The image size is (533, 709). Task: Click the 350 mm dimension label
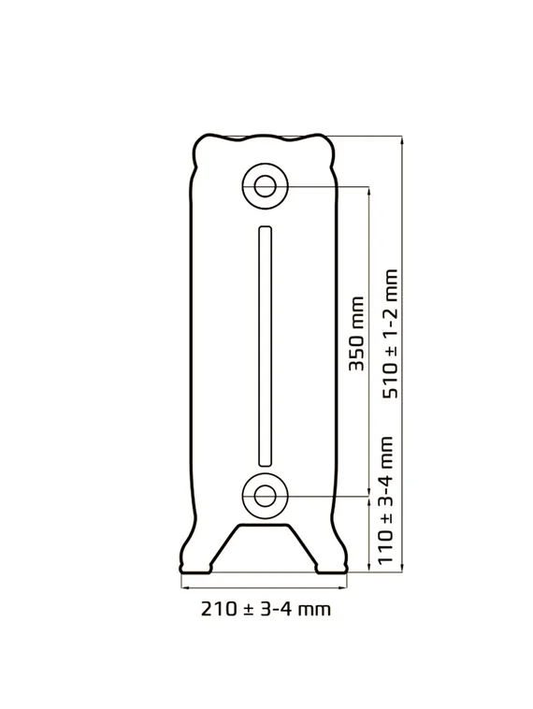click(x=356, y=334)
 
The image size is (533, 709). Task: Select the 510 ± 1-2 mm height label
click(x=390, y=334)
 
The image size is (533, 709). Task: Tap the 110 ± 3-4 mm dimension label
click(x=385, y=500)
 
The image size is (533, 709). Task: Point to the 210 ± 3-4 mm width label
click(x=266, y=609)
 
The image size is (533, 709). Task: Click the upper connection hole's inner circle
click(x=265, y=186)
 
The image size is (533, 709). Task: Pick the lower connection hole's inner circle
click(x=265, y=496)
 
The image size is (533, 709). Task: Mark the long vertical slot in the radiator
click(x=265, y=346)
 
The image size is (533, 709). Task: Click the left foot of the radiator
click(x=195, y=568)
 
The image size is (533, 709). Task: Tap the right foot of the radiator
click(x=331, y=568)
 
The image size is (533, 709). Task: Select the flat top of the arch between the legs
click(x=264, y=525)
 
